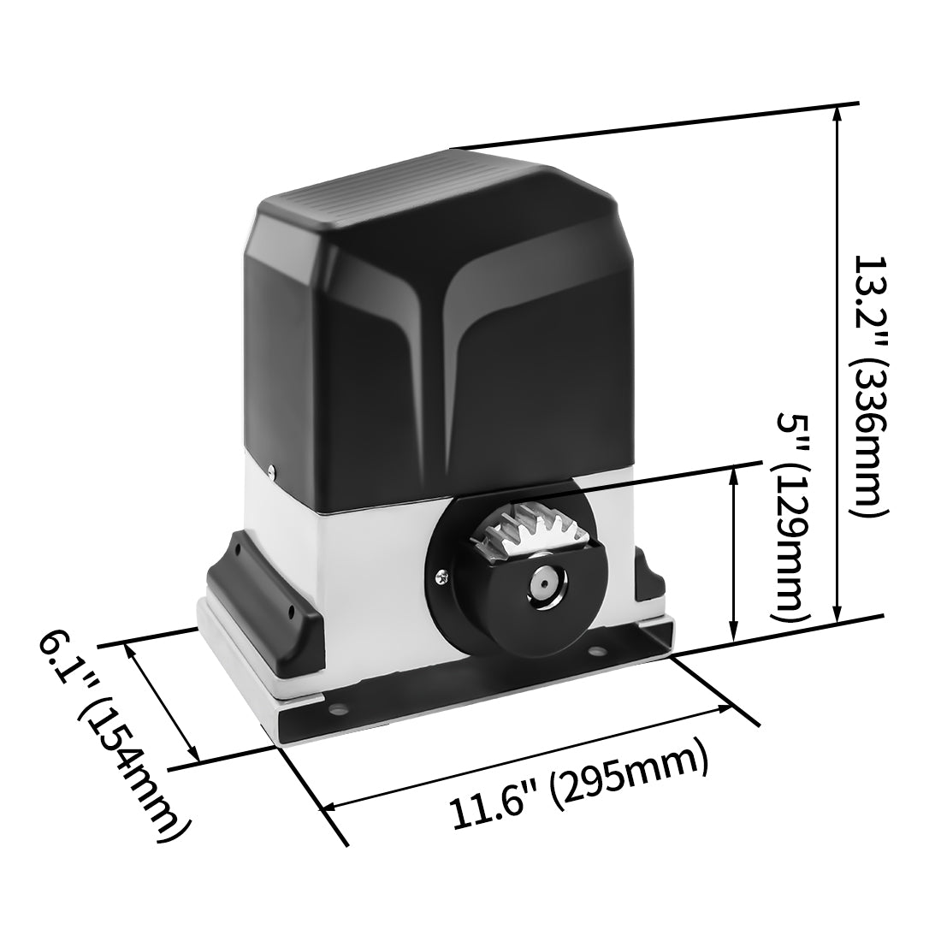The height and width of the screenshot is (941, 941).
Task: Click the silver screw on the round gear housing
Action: [441, 578]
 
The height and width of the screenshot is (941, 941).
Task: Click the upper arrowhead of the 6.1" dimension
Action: [131, 651]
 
